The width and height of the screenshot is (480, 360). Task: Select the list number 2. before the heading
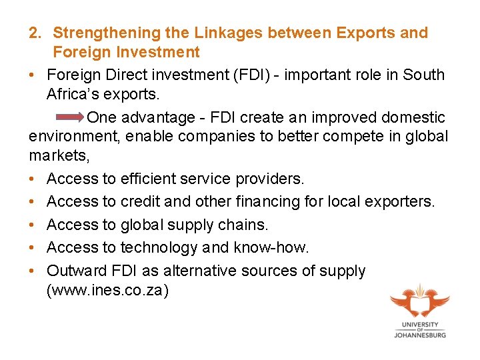pos(36,33)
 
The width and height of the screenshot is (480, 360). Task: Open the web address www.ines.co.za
pos(107,291)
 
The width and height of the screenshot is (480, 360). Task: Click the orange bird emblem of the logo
pos(420,300)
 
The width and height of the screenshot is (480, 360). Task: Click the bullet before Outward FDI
pos(32,271)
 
